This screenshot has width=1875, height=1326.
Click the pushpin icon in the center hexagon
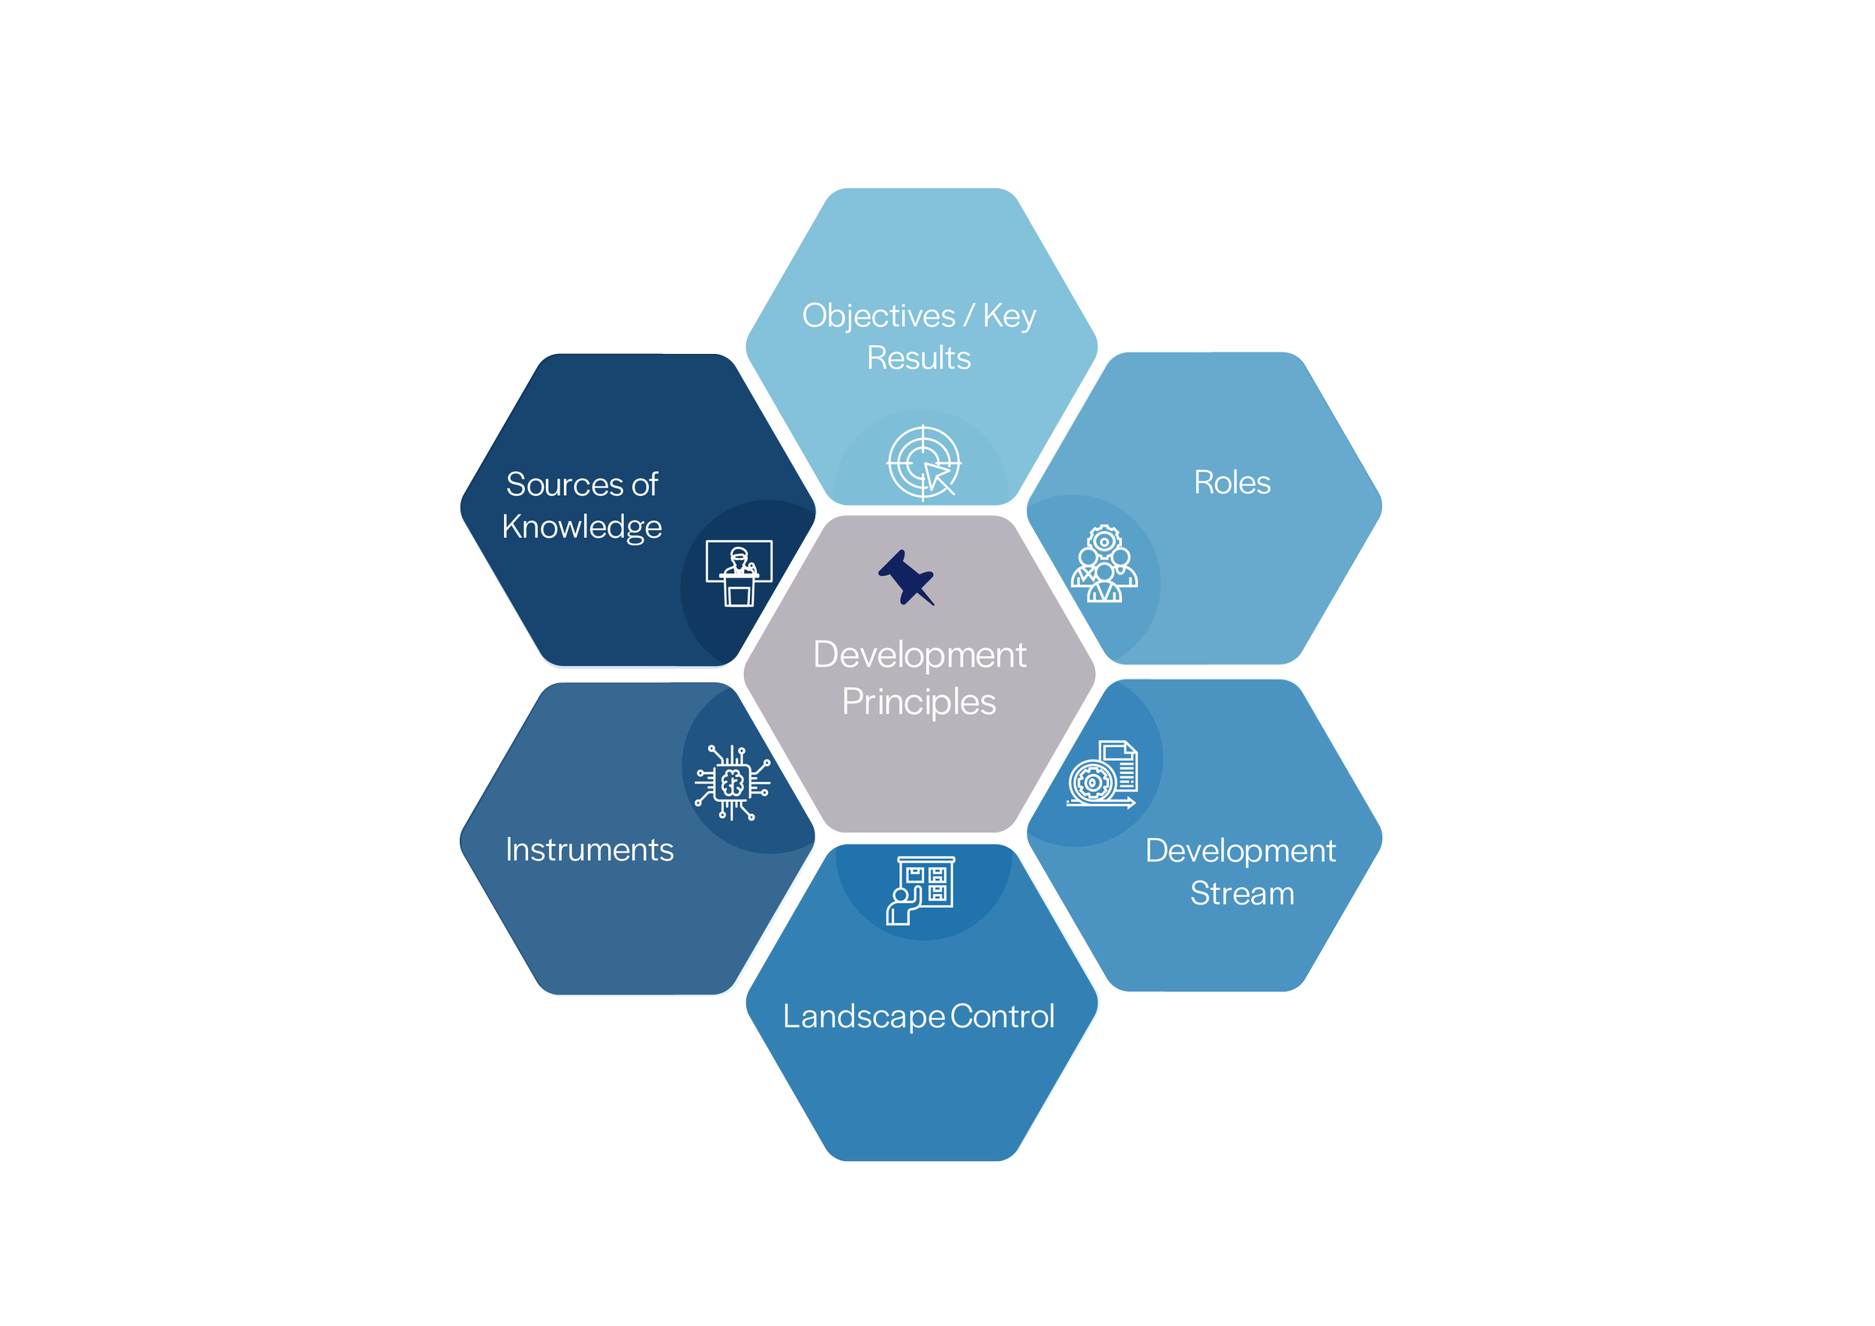point(907,578)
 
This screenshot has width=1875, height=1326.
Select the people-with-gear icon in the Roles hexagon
point(1104,564)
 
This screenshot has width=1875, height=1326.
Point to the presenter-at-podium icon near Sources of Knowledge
point(738,572)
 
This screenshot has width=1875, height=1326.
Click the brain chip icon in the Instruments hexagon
point(733,783)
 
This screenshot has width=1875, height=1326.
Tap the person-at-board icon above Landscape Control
point(921,890)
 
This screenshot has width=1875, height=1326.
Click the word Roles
point(1231,482)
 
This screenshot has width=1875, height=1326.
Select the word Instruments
point(589,850)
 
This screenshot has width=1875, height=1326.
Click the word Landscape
point(864,1017)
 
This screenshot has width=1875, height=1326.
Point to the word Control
point(1002,1016)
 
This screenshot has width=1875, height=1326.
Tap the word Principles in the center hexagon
point(919,702)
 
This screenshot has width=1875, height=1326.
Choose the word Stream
point(1241,893)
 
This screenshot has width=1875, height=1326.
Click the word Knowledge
point(581,527)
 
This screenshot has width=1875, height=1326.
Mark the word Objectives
point(878,316)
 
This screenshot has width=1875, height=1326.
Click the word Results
point(919,358)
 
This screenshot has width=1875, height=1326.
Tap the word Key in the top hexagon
point(1009,316)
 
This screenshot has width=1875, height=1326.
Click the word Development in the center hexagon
point(919,655)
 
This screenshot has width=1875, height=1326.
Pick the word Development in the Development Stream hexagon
point(1240,850)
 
